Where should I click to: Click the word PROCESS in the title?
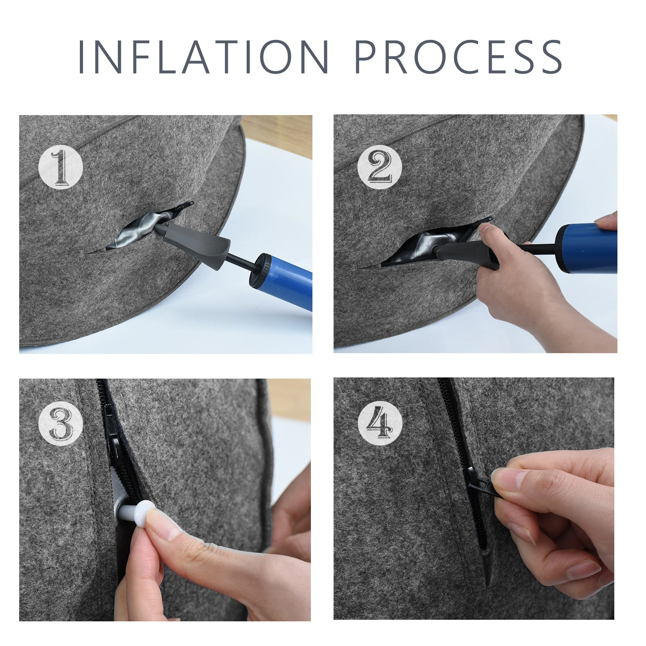458,56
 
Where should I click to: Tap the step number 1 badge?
61,168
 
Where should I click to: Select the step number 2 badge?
380,168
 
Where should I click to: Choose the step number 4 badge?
380,424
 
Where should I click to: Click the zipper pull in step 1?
186,205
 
